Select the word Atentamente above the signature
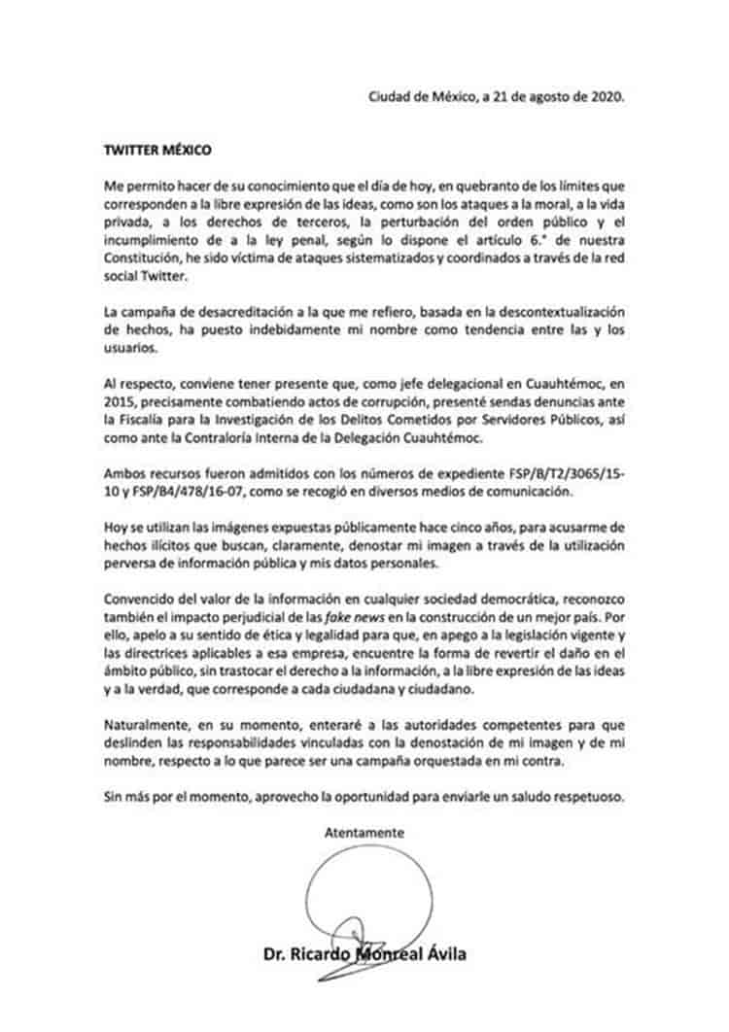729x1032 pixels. pyautogui.click(x=365, y=833)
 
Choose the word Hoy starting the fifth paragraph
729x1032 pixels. pyautogui.click(x=115, y=526)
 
